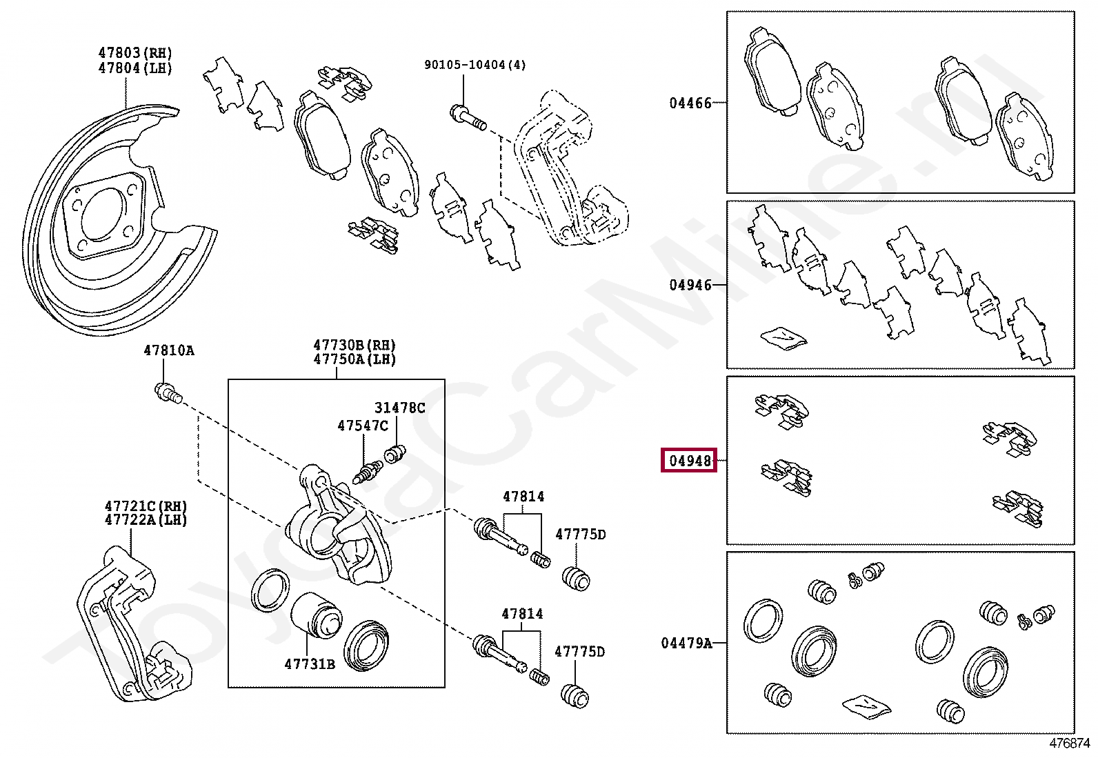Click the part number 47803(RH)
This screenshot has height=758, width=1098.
click(x=134, y=52)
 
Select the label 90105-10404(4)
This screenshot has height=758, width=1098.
click(x=475, y=65)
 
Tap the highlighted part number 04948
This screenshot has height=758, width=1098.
click(x=690, y=460)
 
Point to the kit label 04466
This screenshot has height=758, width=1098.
click(x=690, y=103)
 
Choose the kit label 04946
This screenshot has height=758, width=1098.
click(x=690, y=285)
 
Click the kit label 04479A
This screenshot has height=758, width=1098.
click(x=686, y=643)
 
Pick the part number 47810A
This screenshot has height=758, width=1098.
click(x=168, y=350)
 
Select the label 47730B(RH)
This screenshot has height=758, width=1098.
click(x=355, y=345)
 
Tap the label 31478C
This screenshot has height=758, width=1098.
click(x=399, y=408)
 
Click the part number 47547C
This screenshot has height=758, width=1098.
click(x=362, y=426)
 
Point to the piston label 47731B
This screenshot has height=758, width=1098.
click(x=309, y=664)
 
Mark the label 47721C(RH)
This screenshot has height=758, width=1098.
click(x=146, y=506)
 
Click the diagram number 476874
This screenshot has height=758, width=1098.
click(x=1070, y=744)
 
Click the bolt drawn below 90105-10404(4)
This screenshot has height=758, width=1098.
click(x=468, y=117)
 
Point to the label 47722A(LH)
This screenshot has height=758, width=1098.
click(x=146, y=520)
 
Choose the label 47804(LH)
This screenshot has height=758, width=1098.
click(x=134, y=68)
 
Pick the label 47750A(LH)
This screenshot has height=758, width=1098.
click(x=355, y=359)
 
